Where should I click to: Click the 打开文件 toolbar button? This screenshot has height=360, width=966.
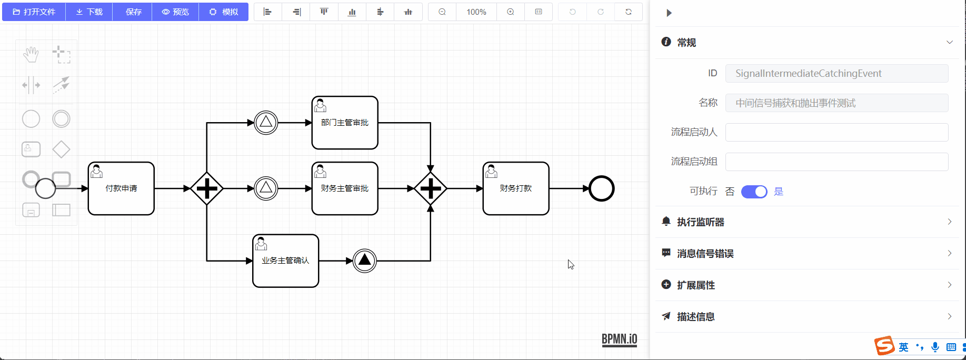34,12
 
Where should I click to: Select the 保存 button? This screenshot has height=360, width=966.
133,12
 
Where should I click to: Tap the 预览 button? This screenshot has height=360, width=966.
175,12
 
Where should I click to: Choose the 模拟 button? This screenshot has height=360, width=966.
224,12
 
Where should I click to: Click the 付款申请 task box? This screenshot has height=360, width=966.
121,188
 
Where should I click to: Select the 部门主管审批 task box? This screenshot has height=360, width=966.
345,123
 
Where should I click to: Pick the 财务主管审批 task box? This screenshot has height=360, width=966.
345,188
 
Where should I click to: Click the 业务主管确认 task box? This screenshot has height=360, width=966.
286,261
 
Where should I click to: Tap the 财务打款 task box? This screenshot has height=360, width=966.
516,188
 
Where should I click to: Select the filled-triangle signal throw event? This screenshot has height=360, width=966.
365,261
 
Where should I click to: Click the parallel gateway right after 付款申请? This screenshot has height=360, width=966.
207,188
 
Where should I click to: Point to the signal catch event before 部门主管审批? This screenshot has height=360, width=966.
266,123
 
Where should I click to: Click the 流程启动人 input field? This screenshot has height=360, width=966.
836,132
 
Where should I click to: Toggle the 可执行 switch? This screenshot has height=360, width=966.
754,192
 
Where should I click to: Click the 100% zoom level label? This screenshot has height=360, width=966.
476,12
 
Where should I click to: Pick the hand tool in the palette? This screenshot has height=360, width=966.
31,54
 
